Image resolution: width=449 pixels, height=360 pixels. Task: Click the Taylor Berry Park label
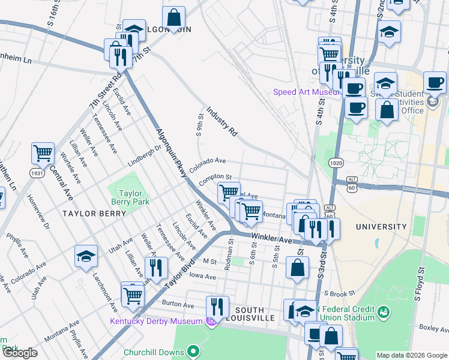click(x=130, y=198)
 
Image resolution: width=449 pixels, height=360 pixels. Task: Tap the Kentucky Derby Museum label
click(x=156, y=321)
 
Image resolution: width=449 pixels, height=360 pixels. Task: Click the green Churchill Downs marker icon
click(x=193, y=350)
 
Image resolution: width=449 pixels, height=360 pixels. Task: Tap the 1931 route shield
click(x=38, y=173)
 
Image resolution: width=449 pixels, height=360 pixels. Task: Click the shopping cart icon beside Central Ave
click(x=43, y=154)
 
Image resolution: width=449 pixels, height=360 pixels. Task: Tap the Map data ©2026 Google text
click(x=411, y=355)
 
